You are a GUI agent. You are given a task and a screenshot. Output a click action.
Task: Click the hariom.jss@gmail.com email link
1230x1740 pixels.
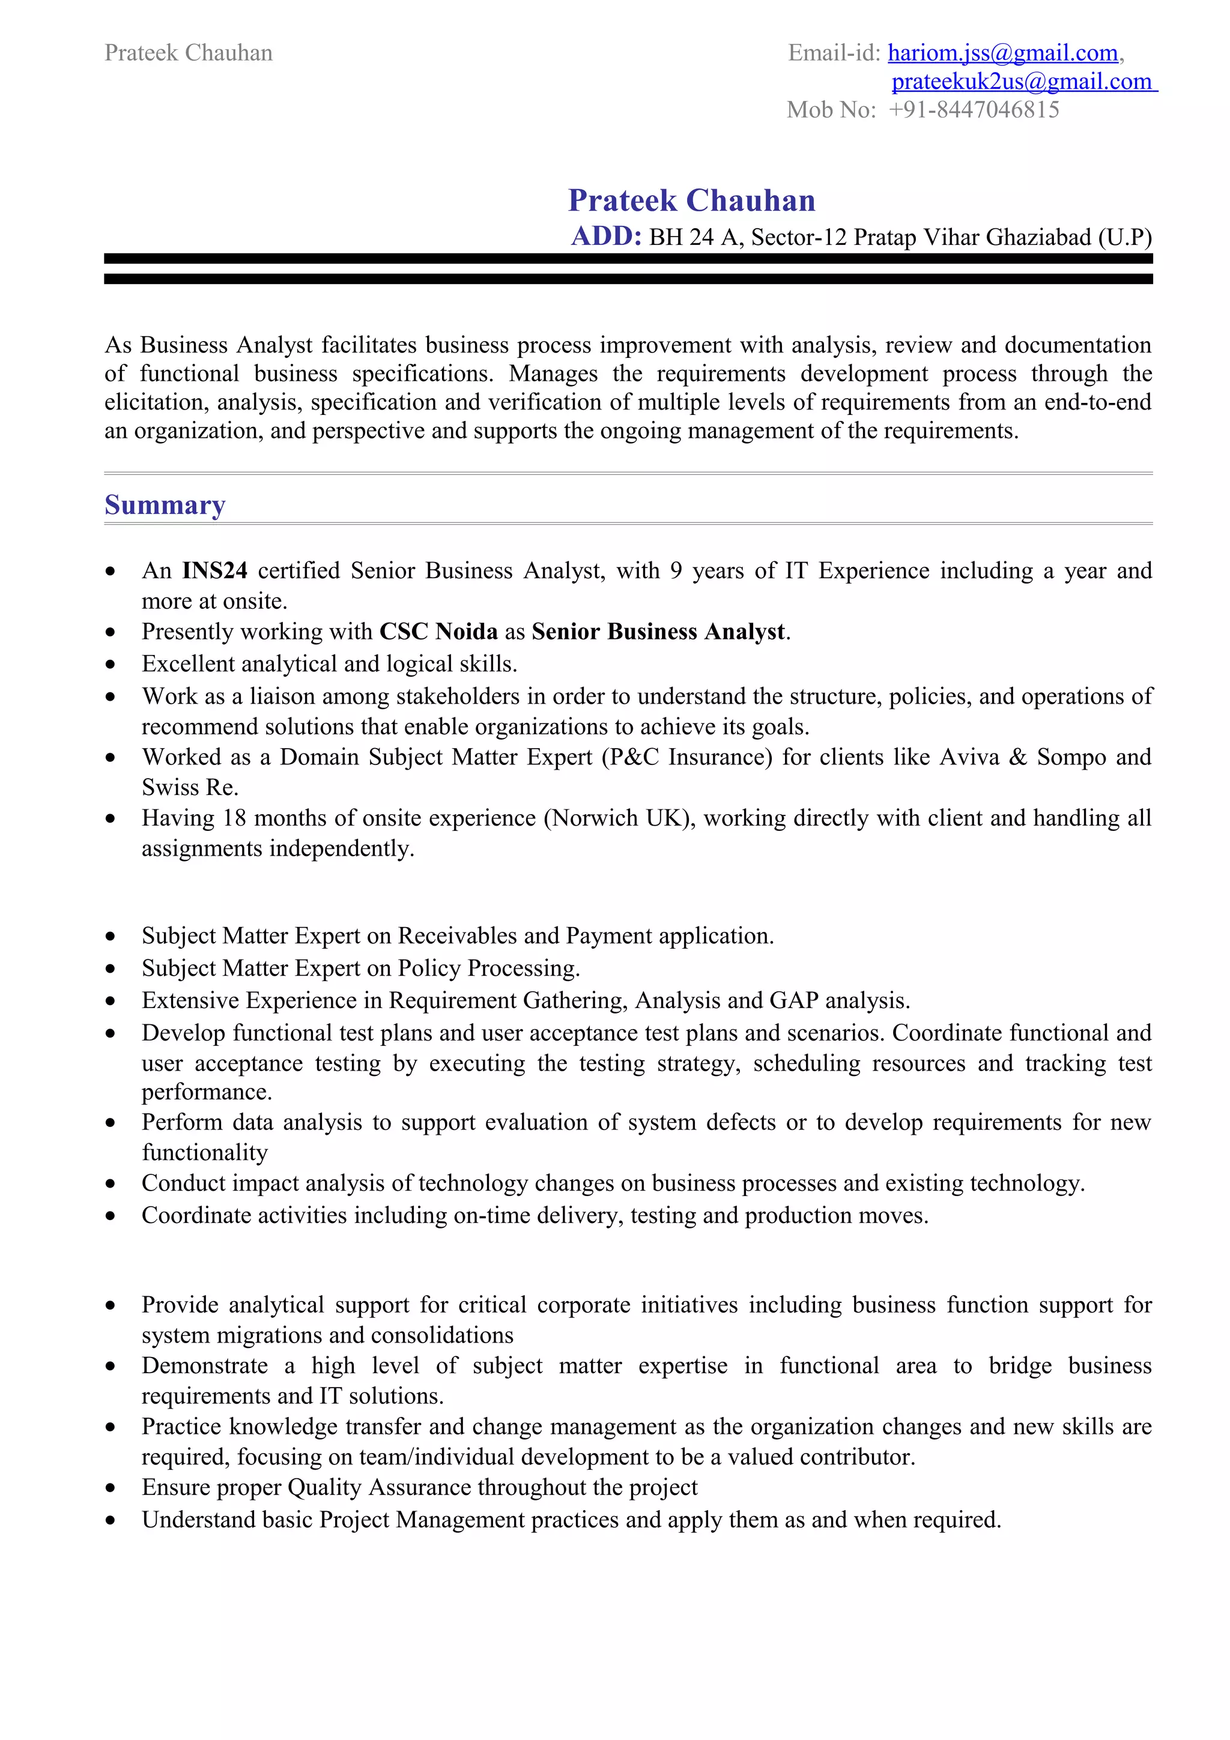coord(1002,53)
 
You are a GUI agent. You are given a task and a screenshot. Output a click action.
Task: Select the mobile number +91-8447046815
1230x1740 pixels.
coord(974,110)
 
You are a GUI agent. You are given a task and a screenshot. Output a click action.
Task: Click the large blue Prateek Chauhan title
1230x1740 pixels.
coord(691,201)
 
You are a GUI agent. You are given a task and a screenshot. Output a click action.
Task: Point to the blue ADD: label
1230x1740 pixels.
coord(606,237)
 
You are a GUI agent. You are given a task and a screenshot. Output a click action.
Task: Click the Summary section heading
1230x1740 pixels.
coord(165,505)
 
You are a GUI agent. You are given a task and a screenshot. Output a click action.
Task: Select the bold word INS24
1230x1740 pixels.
coord(214,570)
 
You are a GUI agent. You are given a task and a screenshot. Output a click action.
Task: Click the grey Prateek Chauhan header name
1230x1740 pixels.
coord(188,53)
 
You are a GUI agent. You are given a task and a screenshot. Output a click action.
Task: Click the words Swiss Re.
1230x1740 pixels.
coord(189,787)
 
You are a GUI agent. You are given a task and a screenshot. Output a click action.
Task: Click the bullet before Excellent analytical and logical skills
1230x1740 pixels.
coord(111,665)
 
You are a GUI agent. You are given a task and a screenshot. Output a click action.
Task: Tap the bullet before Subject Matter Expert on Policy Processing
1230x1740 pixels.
coord(111,969)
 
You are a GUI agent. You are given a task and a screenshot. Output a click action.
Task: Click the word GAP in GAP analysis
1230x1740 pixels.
coord(793,1001)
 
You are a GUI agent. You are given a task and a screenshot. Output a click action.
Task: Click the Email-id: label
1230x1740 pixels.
coord(834,53)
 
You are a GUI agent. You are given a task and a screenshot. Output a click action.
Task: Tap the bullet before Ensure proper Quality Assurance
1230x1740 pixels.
coord(111,1488)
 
